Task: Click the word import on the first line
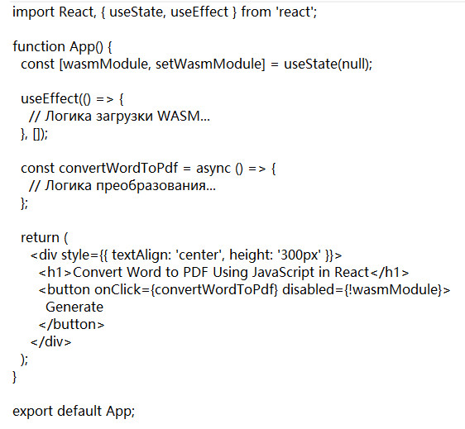34,12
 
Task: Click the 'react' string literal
295,12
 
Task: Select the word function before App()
39,46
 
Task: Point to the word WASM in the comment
179,116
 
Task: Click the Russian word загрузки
125,117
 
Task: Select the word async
213,169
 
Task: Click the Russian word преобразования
151,186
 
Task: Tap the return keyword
40,237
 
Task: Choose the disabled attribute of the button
309,289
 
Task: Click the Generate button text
74,307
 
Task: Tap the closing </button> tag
71,324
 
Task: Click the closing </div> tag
50,341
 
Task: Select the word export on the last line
32,412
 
